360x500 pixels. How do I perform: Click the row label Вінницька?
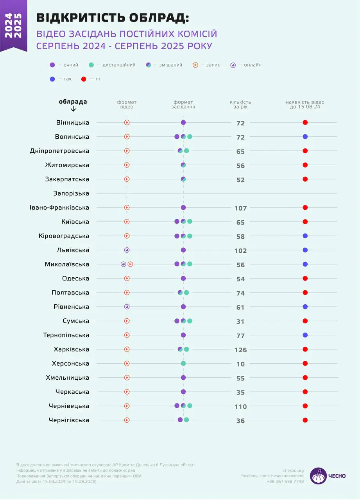pos(73,123)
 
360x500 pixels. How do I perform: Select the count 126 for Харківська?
pos(240,350)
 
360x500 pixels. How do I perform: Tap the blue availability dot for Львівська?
pos(305,250)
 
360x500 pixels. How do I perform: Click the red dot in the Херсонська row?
pos(305,363)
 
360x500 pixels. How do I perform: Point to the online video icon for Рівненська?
pos(127,307)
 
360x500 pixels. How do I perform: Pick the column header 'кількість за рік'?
pos(240,104)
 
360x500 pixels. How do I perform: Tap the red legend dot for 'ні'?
pos(83,79)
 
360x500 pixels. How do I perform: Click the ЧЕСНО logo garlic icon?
pos(318,476)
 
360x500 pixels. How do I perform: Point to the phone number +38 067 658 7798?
pos(285,481)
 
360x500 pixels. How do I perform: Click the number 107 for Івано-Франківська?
pos(240,208)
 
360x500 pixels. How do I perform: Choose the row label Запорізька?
pos(71,193)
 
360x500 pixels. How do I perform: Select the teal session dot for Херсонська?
pos(183,363)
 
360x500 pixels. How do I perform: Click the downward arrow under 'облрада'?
pos(73,109)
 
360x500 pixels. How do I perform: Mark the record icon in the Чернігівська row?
pos(127,420)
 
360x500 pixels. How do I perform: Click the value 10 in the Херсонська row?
pos(240,364)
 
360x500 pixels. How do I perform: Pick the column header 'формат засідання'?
pos(183,104)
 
